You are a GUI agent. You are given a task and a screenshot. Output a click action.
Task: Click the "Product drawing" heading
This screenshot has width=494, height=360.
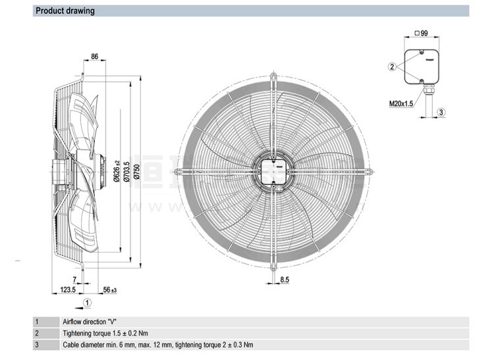[x=65, y=11]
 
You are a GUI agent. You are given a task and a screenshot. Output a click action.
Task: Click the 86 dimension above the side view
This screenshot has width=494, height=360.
[x=94, y=57]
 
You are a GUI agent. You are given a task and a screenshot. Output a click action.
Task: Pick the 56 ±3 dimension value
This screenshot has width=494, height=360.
[x=109, y=289]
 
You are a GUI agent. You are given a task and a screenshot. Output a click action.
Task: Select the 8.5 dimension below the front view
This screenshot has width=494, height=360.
[x=285, y=280]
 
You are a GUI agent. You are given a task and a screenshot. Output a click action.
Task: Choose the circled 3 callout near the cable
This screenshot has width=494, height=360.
[x=442, y=113]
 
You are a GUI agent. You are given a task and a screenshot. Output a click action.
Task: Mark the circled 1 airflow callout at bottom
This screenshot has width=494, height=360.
[x=88, y=303]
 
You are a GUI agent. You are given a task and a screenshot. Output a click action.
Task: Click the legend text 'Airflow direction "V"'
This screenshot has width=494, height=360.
[x=90, y=322]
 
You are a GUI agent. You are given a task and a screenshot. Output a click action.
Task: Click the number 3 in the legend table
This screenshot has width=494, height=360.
[x=37, y=344]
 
